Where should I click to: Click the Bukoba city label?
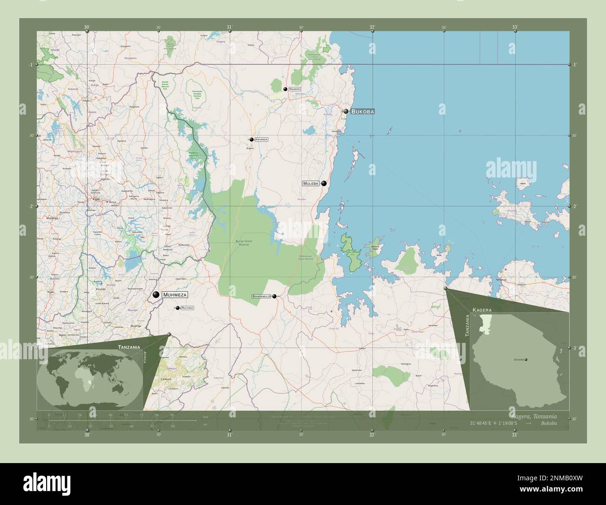pos(363,112)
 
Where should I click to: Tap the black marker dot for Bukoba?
pos(346,111)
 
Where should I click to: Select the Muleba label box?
pos(310,184)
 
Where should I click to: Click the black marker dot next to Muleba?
pos(324,184)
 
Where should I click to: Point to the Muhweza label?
pos(175,295)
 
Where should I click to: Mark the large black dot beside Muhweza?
pos(156,294)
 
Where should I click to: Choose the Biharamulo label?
pos(261,296)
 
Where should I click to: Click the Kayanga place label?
pos(262,139)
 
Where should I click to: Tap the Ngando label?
pos(295,89)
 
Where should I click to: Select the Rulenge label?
pos(187,308)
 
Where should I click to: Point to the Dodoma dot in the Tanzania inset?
pos(526,360)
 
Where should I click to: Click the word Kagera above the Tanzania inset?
pos(482,309)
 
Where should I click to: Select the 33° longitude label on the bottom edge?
pos(515,435)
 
